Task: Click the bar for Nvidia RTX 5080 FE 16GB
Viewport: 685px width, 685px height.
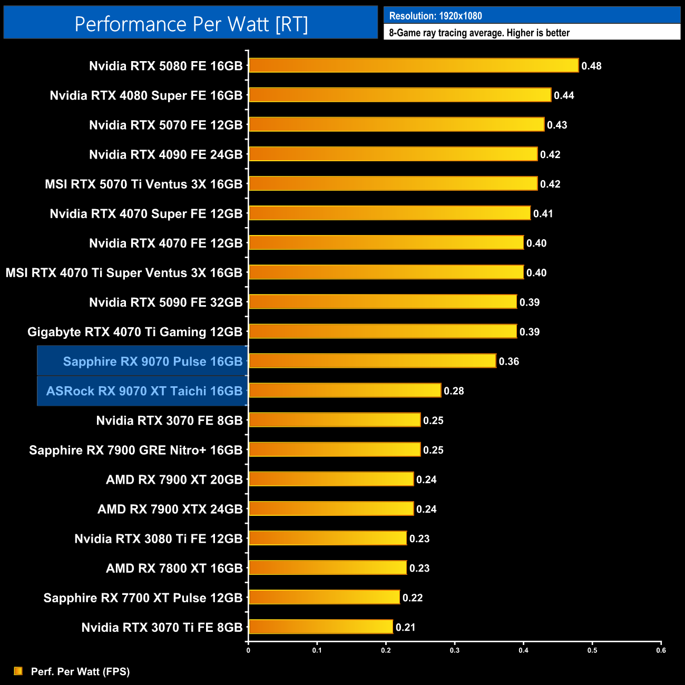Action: tap(414, 65)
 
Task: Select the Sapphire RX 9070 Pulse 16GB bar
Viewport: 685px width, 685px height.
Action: tap(372, 361)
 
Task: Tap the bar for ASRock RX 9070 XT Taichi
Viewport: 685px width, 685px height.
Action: tap(345, 390)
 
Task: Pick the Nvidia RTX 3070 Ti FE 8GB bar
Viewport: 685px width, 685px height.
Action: tap(321, 627)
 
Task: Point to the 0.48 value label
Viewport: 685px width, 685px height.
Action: tap(591, 66)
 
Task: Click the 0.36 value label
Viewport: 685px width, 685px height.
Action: tap(509, 361)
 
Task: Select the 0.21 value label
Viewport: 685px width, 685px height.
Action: tap(405, 627)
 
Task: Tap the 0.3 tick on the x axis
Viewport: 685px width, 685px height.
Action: tap(455, 650)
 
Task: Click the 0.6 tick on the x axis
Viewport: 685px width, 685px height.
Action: tap(661, 650)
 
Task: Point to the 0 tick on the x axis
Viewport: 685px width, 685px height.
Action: tap(248, 650)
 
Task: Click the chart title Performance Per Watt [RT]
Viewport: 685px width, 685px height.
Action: tap(191, 24)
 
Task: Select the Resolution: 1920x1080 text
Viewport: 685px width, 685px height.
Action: tap(435, 16)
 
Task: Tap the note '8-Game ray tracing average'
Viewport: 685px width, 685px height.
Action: tap(479, 33)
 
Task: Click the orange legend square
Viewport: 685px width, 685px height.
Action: tap(18, 671)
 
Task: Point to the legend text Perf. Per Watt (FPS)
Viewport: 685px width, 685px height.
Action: tap(80, 671)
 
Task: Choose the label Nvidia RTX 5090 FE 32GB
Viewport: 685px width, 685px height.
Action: tap(165, 302)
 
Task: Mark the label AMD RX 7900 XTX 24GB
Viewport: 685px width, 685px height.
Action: tap(170, 509)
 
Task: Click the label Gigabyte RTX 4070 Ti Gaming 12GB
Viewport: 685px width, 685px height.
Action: tap(134, 332)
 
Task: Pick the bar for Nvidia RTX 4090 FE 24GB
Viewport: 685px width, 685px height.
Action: tap(393, 154)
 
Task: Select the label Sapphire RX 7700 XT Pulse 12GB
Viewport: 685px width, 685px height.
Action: tap(143, 598)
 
